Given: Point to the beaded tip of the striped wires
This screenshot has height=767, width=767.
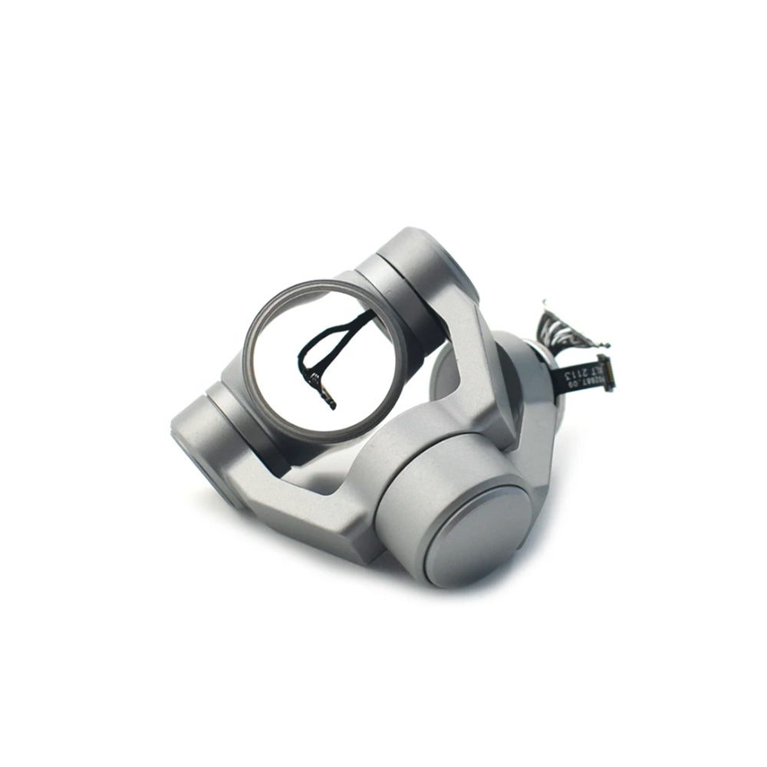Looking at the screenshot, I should point(546,305).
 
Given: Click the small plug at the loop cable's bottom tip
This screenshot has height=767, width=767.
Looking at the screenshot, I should point(331,400).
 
